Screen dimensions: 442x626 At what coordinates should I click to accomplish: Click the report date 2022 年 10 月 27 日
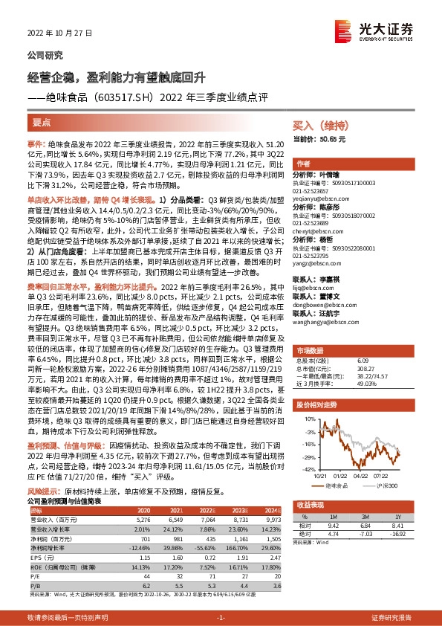click(55, 33)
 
